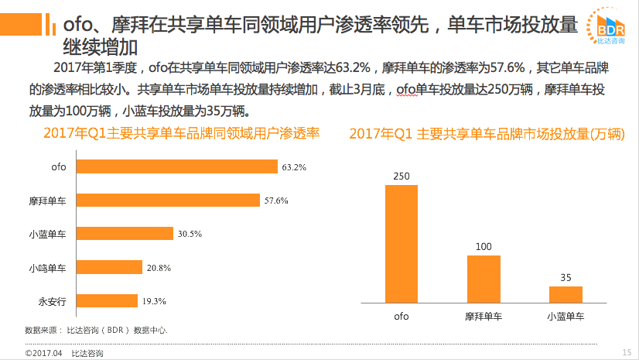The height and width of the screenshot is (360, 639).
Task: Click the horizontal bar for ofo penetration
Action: coord(178,166)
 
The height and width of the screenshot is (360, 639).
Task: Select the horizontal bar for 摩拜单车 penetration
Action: coord(169,201)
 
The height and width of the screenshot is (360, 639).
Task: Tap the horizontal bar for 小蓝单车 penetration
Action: coord(125,234)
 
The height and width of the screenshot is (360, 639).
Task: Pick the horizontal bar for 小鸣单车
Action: coord(111,267)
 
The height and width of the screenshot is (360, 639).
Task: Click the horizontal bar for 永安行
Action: coord(108,300)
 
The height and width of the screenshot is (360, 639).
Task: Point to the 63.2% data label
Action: coord(295,166)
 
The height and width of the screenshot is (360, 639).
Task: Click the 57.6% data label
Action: coord(276,201)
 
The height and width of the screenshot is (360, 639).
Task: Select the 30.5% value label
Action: coord(190,234)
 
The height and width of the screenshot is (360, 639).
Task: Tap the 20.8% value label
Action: coord(159,267)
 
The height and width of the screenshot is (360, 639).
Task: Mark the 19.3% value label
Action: coord(154,300)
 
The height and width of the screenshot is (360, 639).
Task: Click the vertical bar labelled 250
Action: coord(401,243)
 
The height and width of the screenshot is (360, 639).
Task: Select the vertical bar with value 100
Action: coord(484,279)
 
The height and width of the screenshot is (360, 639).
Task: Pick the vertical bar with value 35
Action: coord(566,294)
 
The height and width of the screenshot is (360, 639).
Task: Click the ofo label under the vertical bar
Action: coord(401,316)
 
